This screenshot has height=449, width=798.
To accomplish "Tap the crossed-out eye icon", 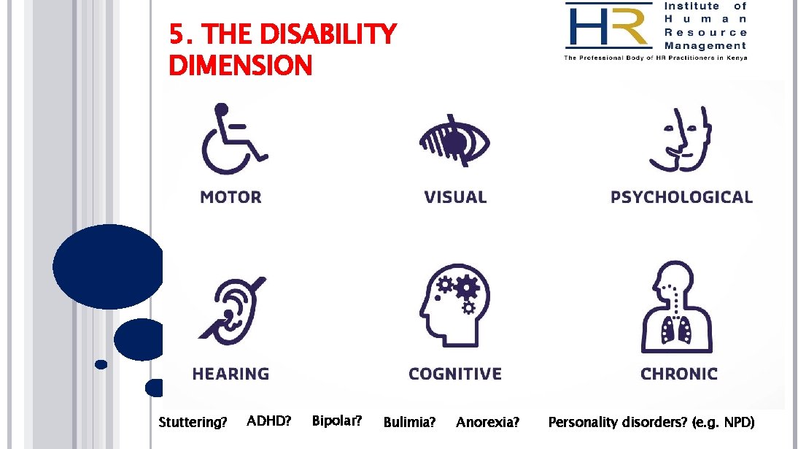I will point(454,139).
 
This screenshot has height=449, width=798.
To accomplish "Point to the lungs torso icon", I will point(677,308).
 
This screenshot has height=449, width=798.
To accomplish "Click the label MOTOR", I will point(231,197).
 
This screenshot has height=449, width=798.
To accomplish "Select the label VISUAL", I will point(455,197).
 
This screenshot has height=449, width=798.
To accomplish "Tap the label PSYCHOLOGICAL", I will point(681,197).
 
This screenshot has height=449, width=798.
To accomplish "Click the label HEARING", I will point(231,374).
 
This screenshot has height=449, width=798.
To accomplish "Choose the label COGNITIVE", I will point(455,374).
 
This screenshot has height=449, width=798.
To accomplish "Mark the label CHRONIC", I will point(679,374).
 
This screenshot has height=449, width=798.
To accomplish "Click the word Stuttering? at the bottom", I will point(193,422).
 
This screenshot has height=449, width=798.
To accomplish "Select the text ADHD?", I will point(269,421).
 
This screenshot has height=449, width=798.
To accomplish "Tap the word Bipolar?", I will point(337,421).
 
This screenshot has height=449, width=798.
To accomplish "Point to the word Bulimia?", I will point(409,422).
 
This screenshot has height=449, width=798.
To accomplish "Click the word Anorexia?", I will point(488,422).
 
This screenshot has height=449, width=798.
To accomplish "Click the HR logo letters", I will point(607,27).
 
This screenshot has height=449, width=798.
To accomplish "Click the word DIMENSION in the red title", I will point(240,66).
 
